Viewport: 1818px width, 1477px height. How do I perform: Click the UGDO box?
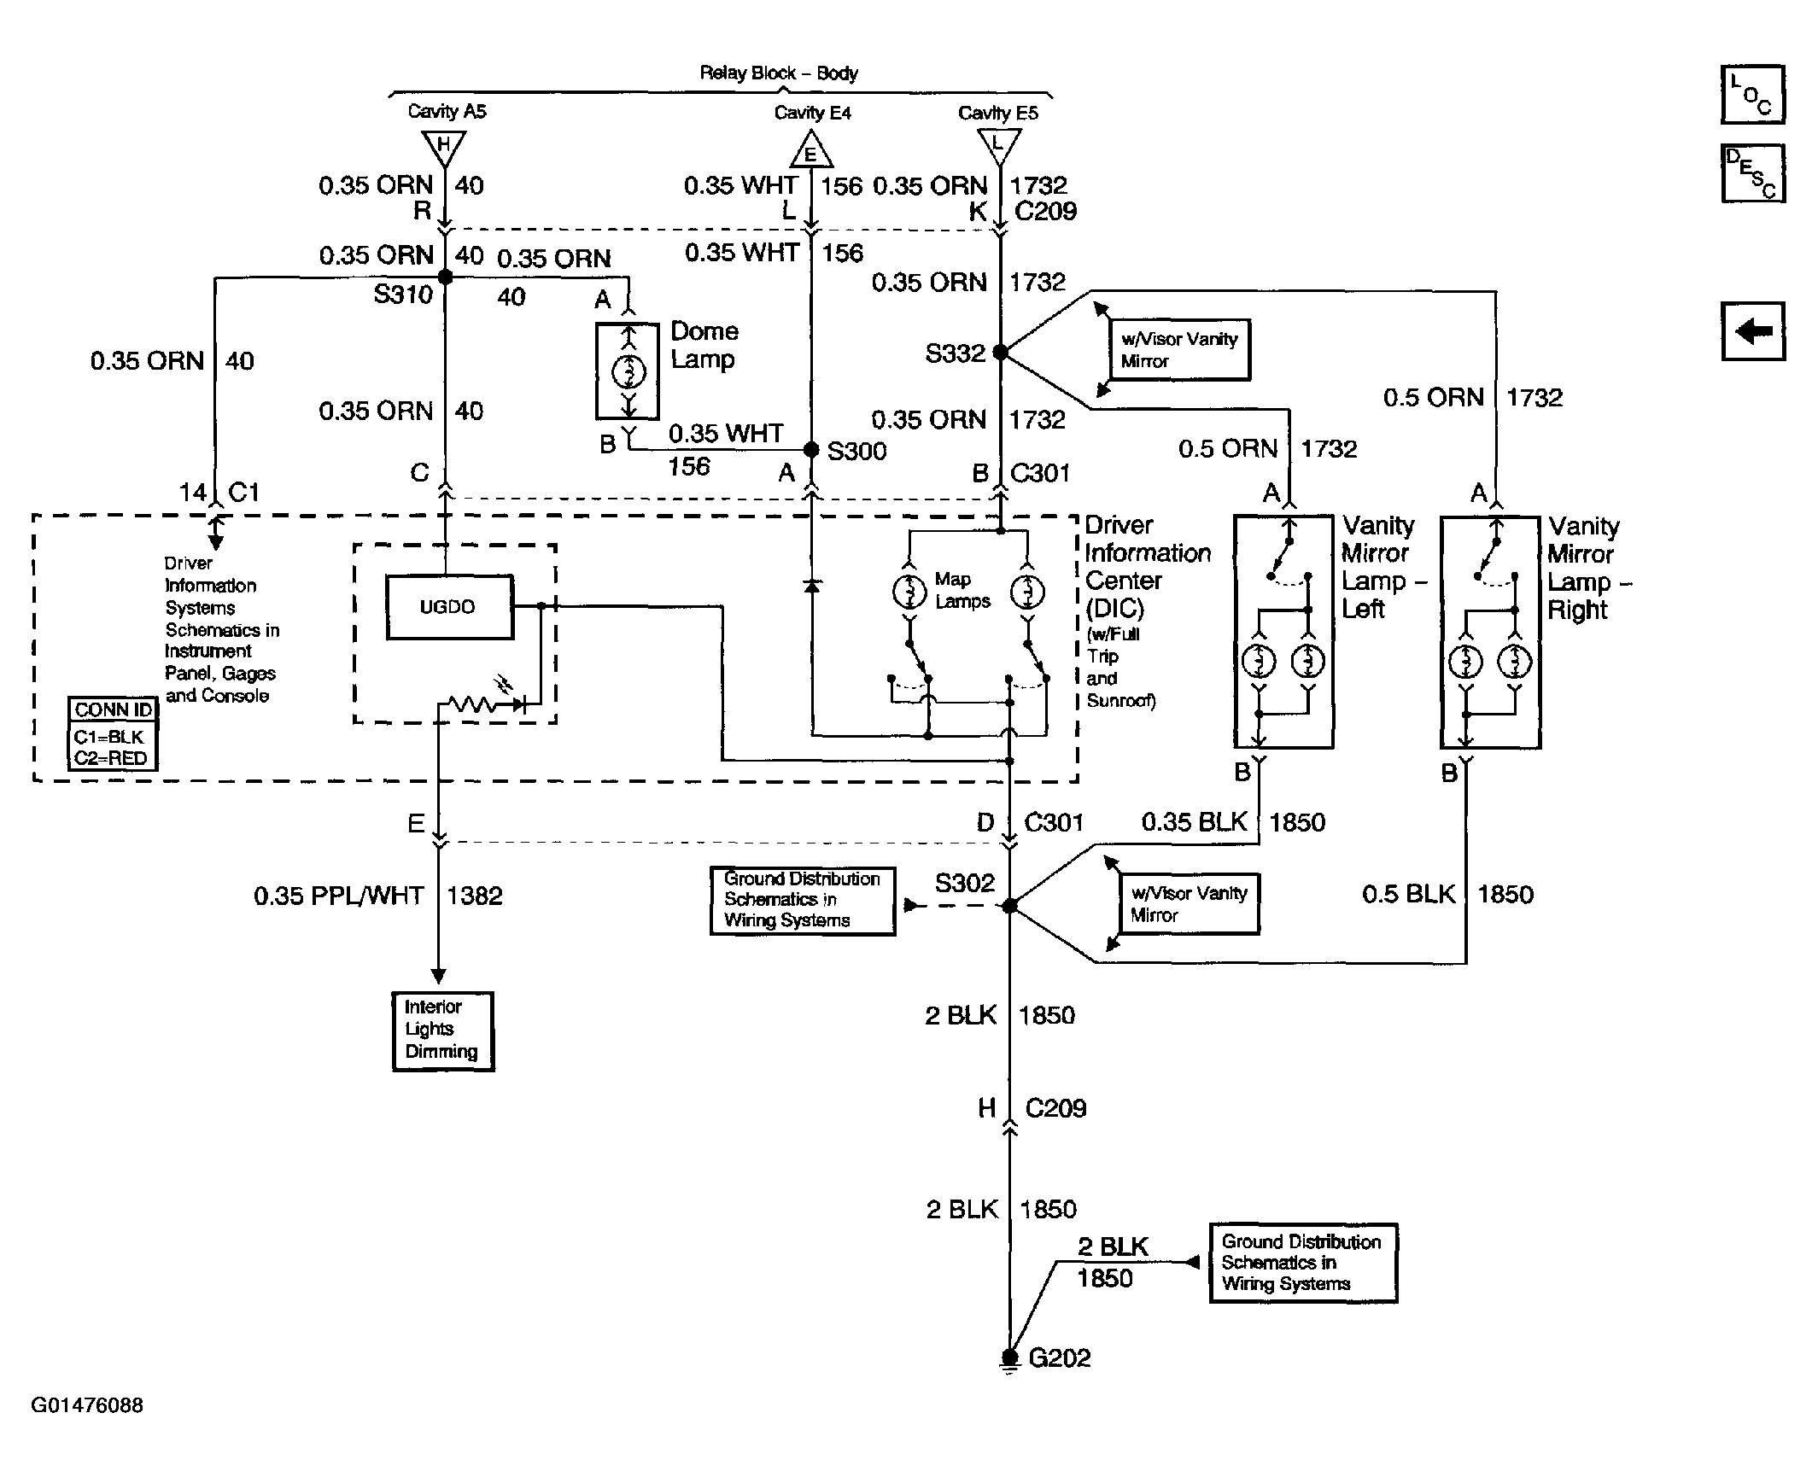point(450,607)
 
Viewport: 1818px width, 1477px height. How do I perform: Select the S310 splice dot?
point(445,277)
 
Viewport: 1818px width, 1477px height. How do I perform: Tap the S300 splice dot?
point(811,450)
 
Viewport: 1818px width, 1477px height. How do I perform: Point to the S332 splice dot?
point(1001,352)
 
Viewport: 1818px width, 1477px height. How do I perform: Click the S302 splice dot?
point(1009,906)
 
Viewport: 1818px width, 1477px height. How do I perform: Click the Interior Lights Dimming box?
point(443,1030)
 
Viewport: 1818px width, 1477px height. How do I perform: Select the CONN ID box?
point(113,733)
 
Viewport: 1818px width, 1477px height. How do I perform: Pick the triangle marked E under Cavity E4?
point(811,149)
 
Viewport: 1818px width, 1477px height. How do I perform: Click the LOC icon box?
point(1753,95)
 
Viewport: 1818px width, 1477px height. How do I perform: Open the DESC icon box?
point(1753,173)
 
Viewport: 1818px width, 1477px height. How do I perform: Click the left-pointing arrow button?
point(1753,330)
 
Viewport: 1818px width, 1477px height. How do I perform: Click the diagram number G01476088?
point(87,1405)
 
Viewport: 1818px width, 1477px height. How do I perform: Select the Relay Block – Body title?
point(779,73)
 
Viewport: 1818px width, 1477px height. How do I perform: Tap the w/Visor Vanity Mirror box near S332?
point(1179,349)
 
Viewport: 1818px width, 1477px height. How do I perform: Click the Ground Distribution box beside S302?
point(803,901)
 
